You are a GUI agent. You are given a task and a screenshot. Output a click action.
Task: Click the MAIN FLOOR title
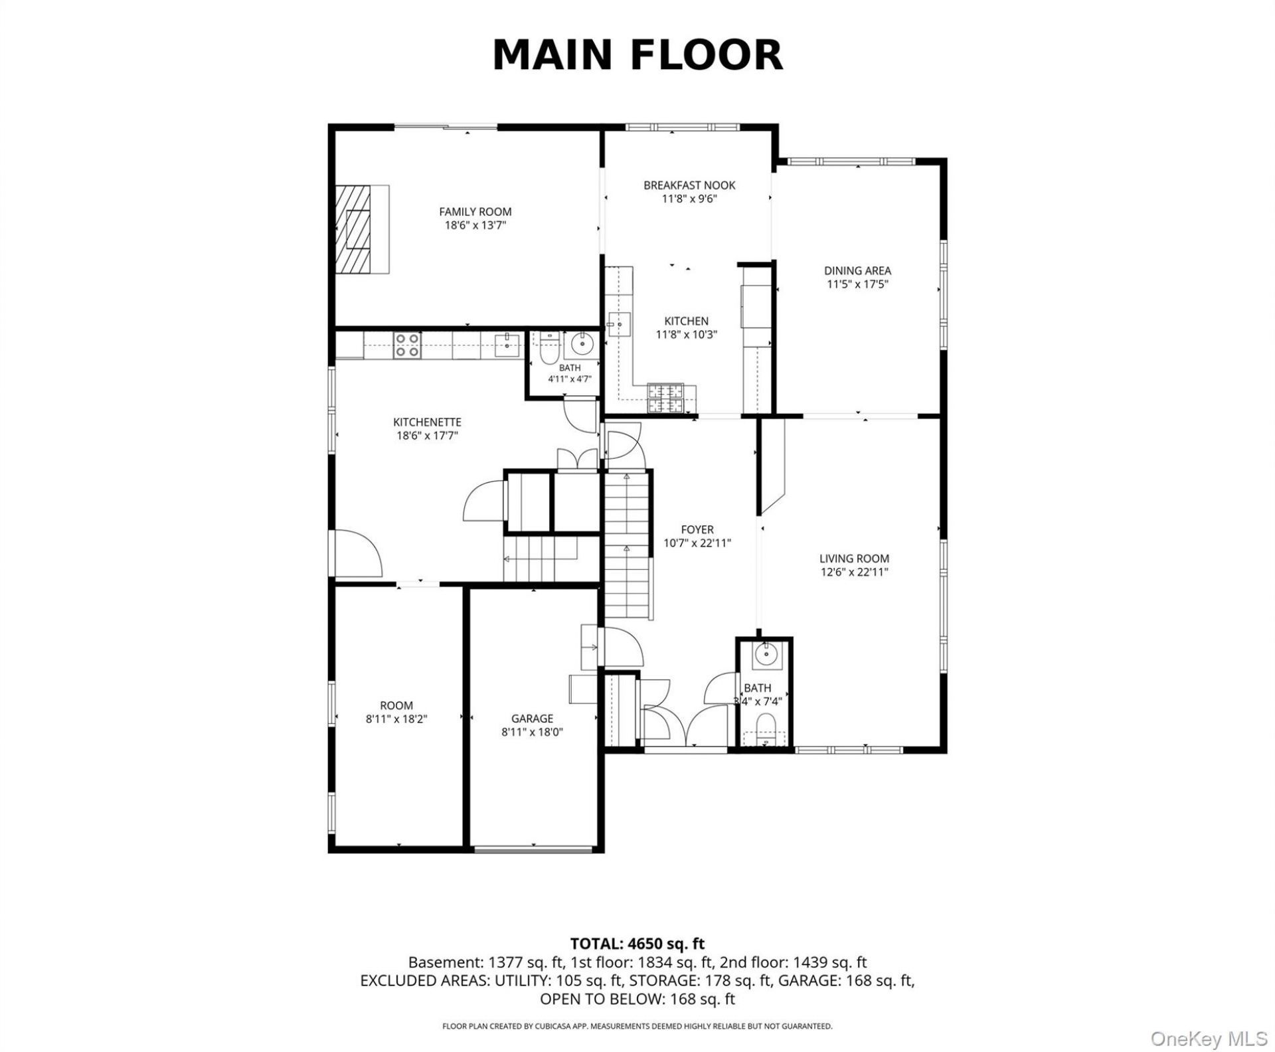(637, 54)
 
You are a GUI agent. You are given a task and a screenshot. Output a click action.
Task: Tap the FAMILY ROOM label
(475, 212)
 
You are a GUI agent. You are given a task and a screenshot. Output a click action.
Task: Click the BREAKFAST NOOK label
(689, 185)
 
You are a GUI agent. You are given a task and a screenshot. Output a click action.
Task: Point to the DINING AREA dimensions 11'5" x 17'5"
(857, 284)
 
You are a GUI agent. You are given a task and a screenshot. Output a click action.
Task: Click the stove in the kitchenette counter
(407, 345)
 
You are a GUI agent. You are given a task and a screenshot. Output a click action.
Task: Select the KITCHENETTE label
(427, 422)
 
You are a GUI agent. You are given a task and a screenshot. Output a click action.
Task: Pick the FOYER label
(697, 529)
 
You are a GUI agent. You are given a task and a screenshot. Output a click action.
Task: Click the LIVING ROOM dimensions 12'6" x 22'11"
(854, 572)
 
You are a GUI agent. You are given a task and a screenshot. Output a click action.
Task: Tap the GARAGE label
(532, 718)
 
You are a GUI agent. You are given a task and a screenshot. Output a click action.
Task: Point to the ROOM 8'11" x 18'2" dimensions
(396, 718)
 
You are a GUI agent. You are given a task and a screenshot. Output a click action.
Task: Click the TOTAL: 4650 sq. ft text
(637, 943)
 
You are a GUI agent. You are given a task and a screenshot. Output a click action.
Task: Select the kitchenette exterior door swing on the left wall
(359, 553)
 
